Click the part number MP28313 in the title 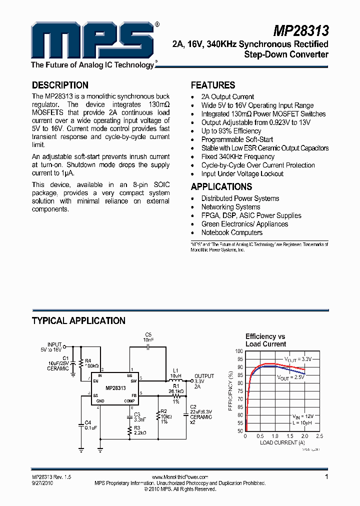301,31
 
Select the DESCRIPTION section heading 60,85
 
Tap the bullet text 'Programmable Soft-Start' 237,139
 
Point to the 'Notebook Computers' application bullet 231,232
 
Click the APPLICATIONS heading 221,186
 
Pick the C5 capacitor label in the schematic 148,334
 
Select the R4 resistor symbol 81,363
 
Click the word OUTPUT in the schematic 204,376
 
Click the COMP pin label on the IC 129,401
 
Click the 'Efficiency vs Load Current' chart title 265,340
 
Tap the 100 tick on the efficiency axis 239,351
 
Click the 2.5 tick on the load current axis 319,436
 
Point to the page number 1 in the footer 326,477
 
